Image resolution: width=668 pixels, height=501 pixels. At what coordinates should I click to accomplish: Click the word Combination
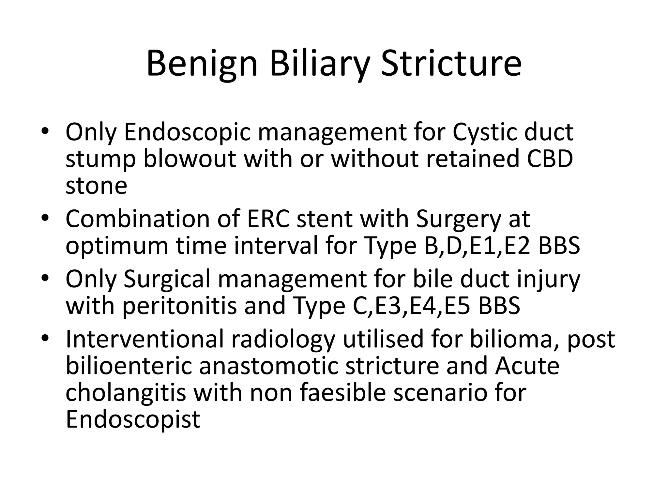pyautogui.click(x=137, y=219)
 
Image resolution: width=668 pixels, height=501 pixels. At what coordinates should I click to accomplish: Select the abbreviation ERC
pyautogui.click(x=268, y=219)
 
